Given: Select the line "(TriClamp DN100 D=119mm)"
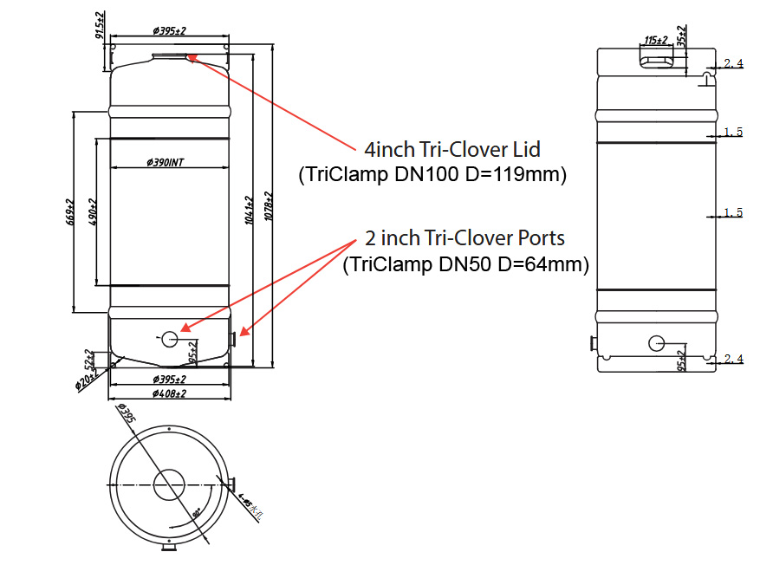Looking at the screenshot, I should (x=432, y=175).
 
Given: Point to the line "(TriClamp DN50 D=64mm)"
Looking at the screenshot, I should (x=465, y=263).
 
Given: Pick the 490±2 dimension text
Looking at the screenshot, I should (x=93, y=211).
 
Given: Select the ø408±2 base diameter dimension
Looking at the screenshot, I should (x=169, y=394).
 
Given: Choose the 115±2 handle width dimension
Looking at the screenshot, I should (x=656, y=40).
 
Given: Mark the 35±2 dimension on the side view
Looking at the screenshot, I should (x=681, y=37).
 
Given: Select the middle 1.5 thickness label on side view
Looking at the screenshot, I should (x=733, y=212).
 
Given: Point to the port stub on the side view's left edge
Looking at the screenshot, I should (x=594, y=344).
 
